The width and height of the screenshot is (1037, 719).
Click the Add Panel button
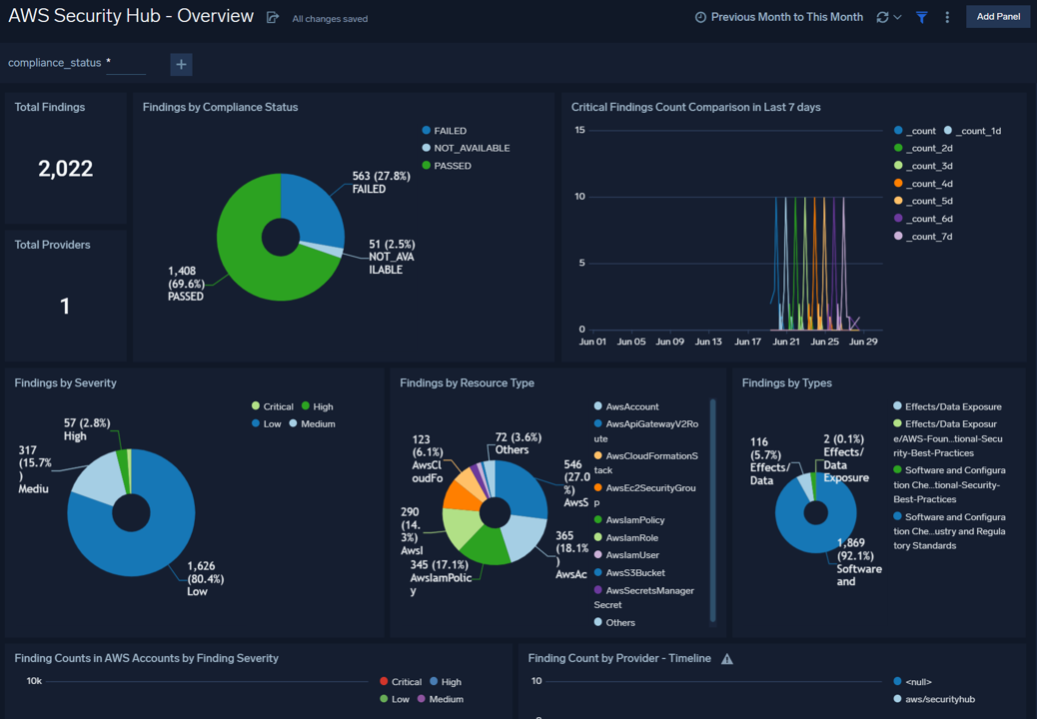click(997, 17)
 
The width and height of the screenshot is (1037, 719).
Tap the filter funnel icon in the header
click(922, 17)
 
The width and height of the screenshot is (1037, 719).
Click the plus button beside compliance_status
click(181, 64)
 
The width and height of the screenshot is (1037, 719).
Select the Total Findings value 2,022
click(66, 169)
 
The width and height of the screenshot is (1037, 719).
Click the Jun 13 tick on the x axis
click(708, 342)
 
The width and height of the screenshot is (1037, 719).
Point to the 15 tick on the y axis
click(579, 130)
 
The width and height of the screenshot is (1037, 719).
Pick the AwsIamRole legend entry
click(631, 538)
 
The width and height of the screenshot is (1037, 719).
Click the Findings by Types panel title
click(786, 382)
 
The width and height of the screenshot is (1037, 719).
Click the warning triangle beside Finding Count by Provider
click(727, 659)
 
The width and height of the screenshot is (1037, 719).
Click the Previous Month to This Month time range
click(779, 17)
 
